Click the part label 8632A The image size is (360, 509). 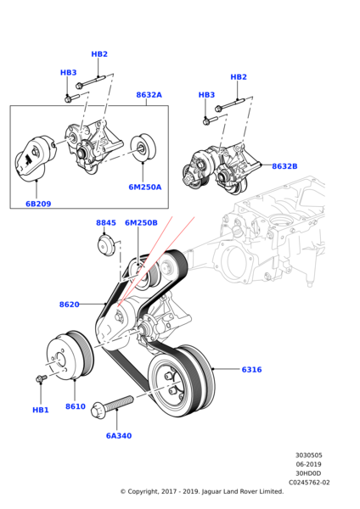coord(149,95)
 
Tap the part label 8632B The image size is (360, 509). coord(284,166)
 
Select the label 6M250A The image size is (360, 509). coord(145,187)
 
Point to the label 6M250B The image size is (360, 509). coord(141,222)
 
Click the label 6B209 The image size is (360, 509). coord(38,204)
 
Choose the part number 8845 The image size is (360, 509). coord(106,222)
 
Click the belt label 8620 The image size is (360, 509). coord(70,305)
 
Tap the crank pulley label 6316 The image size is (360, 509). coord(252,369)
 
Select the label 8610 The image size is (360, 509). coord(76,406)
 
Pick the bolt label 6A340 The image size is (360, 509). coord(119,436)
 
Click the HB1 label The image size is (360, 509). coord(41,410)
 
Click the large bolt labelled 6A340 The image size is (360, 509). coord(112,406)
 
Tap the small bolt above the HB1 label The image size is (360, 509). coord(41,378)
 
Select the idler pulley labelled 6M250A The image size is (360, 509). coord(143,148)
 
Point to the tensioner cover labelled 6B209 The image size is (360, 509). coord(36,159)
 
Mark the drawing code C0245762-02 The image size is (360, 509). coord(309,483)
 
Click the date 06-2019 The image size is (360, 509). coord(308,464)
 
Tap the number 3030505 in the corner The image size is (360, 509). coord(309,455)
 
